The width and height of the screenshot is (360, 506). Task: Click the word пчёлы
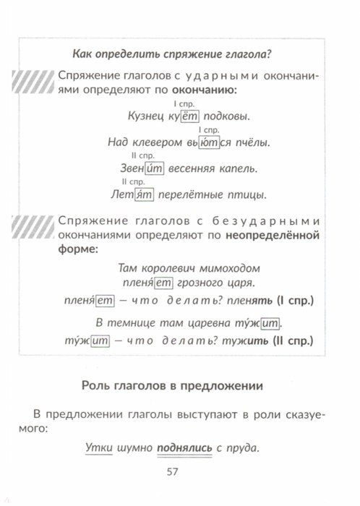[253, 143]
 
